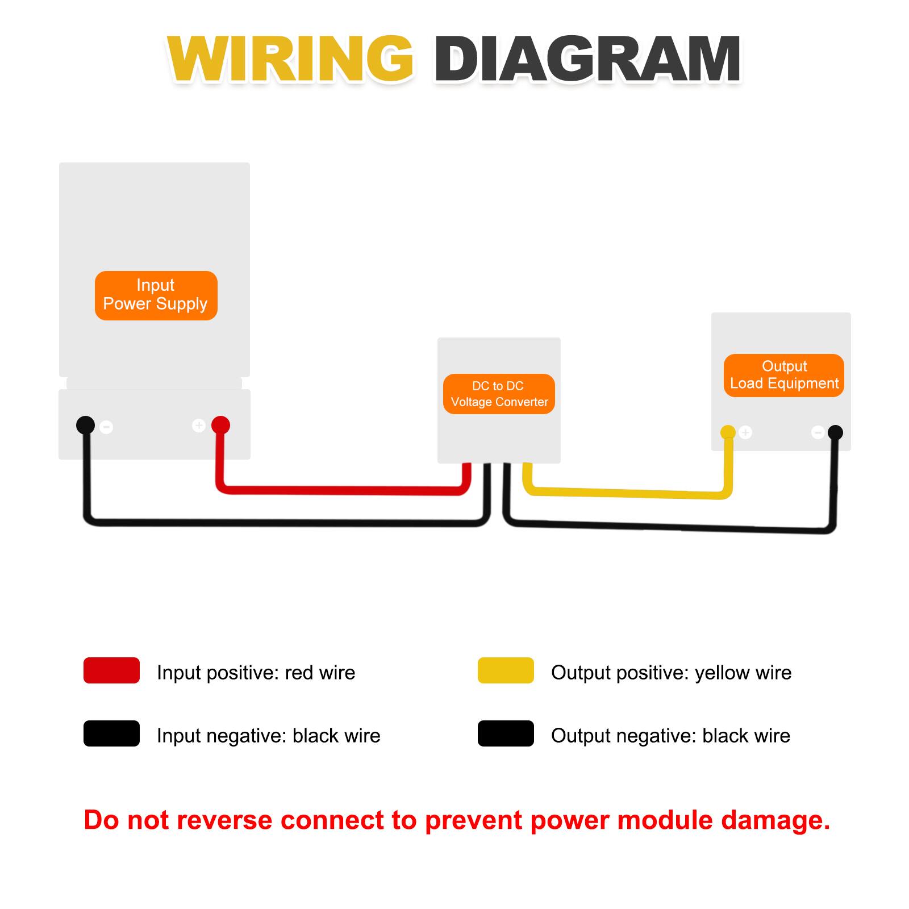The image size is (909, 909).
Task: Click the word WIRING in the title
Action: point(290,60)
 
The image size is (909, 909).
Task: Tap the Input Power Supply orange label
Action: point(156,295)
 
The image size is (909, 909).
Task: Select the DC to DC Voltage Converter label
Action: point(499,394)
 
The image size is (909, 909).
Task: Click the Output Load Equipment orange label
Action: point(784,375)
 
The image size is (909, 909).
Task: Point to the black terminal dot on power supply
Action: point(85,425)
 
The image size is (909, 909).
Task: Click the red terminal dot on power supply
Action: point(220,425)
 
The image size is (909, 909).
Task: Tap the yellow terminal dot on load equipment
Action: point(728,432)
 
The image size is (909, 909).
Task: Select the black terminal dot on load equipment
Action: point(835,432)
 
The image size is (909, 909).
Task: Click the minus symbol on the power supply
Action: point(106,427)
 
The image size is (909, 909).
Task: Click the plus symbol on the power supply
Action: point(199,425)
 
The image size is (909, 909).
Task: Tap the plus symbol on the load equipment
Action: point(745,432)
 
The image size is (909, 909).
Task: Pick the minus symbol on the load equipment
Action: point(818,432)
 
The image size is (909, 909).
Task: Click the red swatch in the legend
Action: point(111,670)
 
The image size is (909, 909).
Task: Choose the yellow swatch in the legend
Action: point(506,670)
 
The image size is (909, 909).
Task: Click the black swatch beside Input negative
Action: point(111,733)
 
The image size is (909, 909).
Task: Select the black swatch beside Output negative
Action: point(506,733)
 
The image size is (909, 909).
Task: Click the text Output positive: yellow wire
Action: point(671,673)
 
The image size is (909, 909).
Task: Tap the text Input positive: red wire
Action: point(256,673)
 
